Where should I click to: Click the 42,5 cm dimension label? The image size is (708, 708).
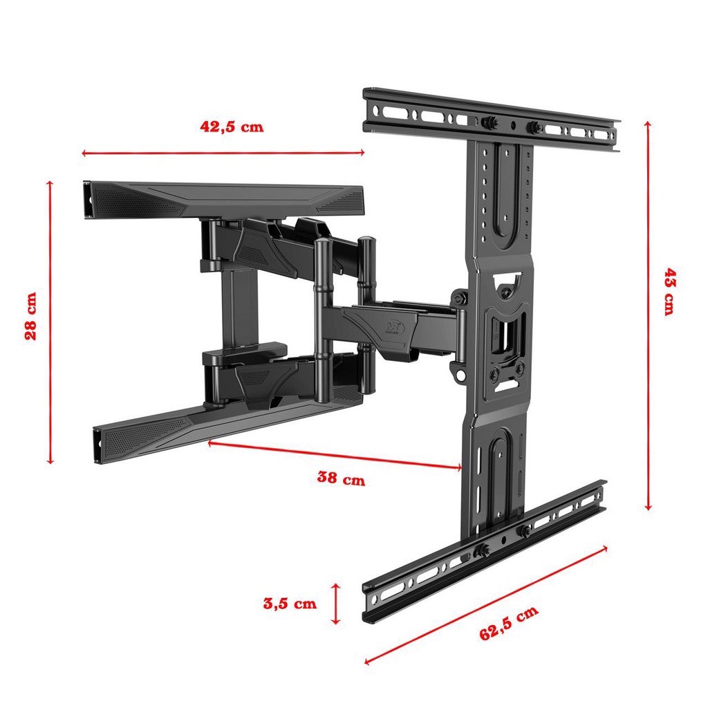coord(232,127)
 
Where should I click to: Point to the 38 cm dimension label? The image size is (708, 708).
coord(341,478)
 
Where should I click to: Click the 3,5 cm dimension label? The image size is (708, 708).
coord(290,603)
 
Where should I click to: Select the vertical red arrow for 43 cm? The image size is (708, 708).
coord(648,315)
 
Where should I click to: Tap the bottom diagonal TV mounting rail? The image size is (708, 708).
coord(484,550)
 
